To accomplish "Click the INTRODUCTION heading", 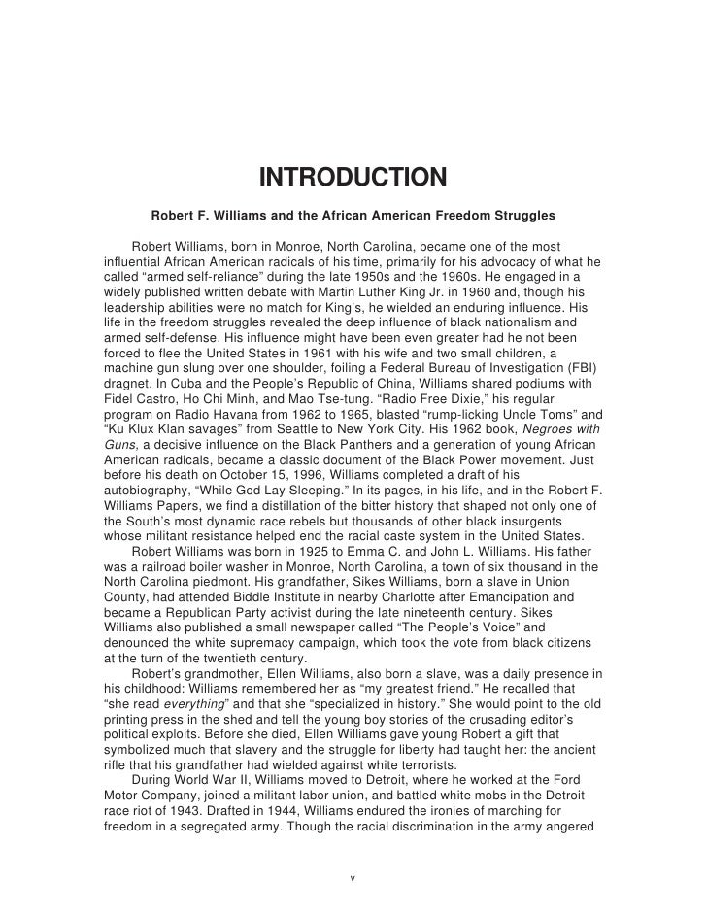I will (x=353, y=179).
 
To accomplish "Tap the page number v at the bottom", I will (x=353, y=878).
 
